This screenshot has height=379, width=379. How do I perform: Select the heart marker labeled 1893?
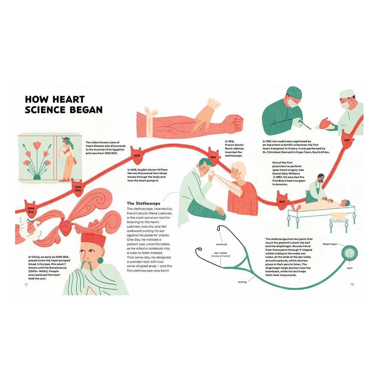click(x=282, y=200)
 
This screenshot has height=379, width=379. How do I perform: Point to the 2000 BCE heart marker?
click(x=31, y=210)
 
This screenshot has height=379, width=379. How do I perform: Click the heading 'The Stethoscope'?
click(x=144, y=203)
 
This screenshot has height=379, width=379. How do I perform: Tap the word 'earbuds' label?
click(x=222, y=244)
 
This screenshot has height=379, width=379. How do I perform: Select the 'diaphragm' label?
click(x=330, y=244)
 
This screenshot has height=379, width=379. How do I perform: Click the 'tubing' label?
click(x=242, y=282)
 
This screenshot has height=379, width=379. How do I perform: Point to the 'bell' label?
click(x=350, y=268)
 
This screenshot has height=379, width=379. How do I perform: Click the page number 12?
click(x=26, y=285)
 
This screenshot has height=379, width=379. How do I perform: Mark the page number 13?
click(x=352, y=285)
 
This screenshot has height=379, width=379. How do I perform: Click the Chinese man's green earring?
click(x=100, y=260)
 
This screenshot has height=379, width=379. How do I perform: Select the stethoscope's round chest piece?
click(x=349, y=253)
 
